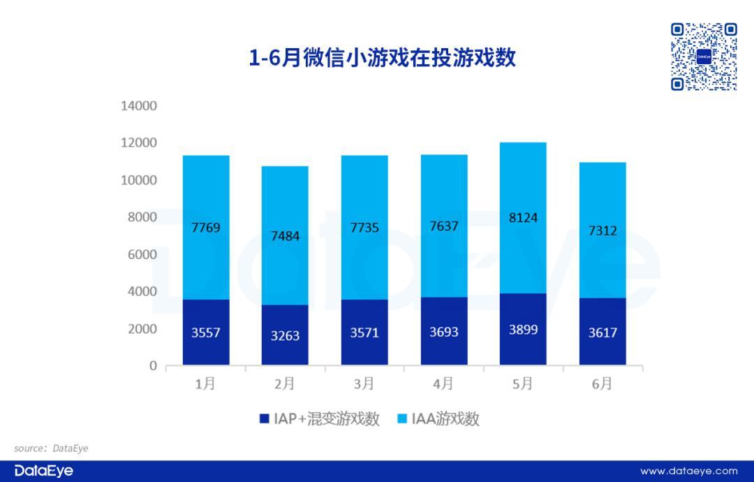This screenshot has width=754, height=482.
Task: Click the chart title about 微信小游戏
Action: (x=382, y=58)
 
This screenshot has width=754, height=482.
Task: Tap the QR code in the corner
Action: (x=704, y=57)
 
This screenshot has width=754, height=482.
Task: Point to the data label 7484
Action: (x=285, y=236)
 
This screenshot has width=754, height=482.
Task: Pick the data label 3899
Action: (x=523, y=330)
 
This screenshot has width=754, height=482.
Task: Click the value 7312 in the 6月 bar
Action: (x=603, y=231)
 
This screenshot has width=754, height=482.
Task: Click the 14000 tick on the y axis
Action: (x=139, y=106)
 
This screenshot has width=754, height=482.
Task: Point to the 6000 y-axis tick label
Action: (x=142, y=254)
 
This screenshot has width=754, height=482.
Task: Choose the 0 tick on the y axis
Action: (x=153, y=366)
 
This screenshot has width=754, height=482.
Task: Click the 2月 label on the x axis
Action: (x=285, y=384)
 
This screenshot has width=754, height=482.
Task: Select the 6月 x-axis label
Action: (x=603, y=384)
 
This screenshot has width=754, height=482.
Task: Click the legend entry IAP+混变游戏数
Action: (x=319, y=419)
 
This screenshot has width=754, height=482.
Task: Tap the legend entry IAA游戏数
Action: (x=439, y=419)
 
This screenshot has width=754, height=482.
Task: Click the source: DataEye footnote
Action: (x=51, y=448)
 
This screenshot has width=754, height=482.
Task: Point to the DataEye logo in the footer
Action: (x=43, y=471)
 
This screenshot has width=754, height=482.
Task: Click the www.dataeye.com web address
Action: (x=688, y=471)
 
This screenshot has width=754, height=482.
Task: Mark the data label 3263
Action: (x=285, y=335)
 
